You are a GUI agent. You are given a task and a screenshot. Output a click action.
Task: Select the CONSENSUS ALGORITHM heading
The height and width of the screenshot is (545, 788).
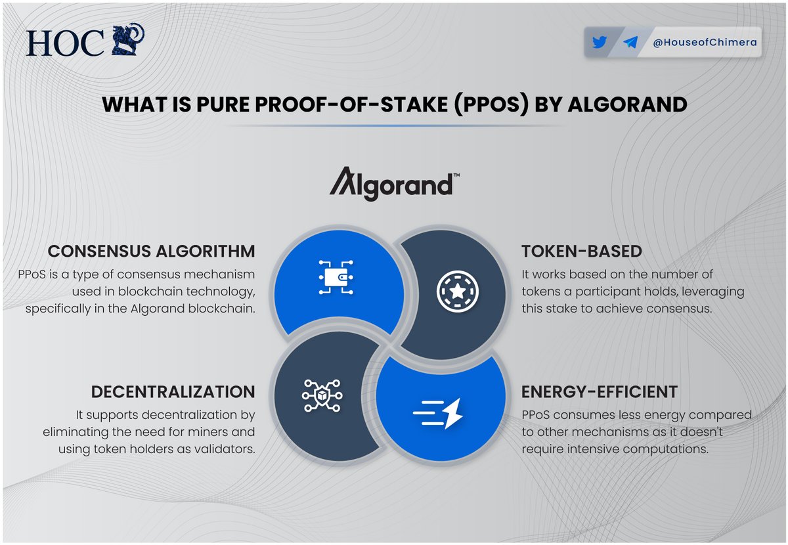(152, 251)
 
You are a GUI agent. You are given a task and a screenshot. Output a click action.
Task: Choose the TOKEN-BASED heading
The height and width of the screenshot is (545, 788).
(581, 251)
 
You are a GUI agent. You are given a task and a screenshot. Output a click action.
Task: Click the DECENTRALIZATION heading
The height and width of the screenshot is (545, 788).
(173, 392)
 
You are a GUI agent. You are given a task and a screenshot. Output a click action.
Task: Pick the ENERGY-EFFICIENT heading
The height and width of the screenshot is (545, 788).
(599, 392)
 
